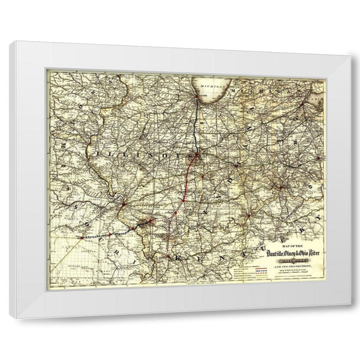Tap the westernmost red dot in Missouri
click(x=81, y=238)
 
